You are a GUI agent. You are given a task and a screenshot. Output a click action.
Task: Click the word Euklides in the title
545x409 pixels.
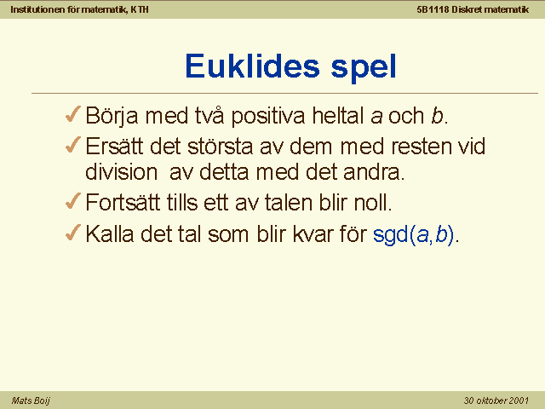[x=252, y=66]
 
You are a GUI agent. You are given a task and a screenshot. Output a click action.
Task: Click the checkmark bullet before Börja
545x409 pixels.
[x=73, y=114]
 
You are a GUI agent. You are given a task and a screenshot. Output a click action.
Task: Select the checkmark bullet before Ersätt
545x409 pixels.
[x=73, y=145]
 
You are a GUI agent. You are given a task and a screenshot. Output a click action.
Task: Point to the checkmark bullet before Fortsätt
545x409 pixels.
[x=73, y=201]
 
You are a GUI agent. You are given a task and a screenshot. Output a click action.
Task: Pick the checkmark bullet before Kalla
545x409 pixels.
[x=73, y=233]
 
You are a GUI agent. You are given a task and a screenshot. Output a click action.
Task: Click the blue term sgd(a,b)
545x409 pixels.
[x=413, y=234]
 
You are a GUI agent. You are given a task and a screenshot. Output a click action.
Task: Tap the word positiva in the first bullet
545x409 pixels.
[x=268, y=116]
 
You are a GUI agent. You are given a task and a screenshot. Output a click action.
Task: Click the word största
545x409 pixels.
[x=220, y=146]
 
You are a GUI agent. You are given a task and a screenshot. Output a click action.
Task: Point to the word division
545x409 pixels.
[x=122, y=172]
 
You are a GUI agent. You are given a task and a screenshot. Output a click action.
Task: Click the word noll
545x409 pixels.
[x=373, y=203]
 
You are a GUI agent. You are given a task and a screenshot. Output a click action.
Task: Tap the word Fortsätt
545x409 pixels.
[x=123, y=203]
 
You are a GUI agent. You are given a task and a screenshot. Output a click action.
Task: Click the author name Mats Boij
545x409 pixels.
[x=31, y=400]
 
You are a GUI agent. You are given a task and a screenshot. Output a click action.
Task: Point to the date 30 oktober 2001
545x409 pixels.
[x=496, y=400]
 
